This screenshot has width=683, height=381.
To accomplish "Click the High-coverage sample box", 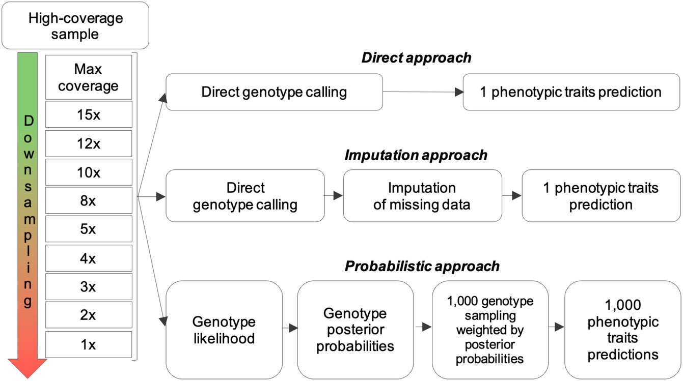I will click(x=75, y=26).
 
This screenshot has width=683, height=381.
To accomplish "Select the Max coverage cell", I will click(x=88, y=77).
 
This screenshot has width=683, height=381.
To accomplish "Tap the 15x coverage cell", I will click(x=88, y=114).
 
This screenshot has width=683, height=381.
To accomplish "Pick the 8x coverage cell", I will click(x=88, y=200).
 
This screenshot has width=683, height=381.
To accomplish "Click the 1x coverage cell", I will click(x=88, y=344).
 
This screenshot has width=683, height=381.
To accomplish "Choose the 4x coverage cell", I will click(x=88, y=258).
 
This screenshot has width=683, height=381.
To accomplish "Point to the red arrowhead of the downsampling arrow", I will click(x=28, y=367).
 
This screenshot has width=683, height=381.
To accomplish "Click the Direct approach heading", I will click(x=416, y=58).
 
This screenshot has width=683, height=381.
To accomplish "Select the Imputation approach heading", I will click(x=416, y=155).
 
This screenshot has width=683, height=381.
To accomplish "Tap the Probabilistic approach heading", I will click(x=422, y=266).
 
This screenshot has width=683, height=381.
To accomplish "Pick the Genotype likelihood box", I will click(x=224, y=330).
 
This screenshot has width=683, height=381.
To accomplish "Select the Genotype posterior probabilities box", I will click(x=355, y=329).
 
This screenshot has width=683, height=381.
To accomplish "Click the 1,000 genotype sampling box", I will click(x=489, y=330).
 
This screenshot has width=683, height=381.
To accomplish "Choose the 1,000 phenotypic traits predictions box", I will click(x=622, y=329).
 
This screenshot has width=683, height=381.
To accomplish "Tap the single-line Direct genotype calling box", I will click(x=274, y=92).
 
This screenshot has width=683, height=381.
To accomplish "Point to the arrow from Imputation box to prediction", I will click(x=512, y=195).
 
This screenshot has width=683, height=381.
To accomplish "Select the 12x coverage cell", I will click(x=88, y=143).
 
